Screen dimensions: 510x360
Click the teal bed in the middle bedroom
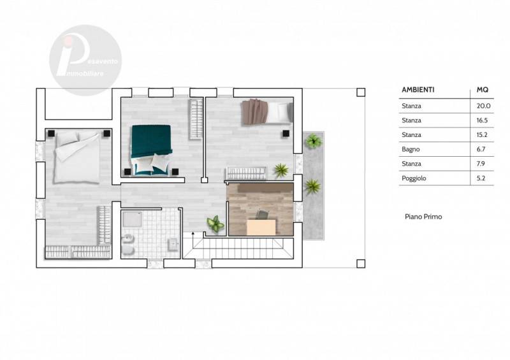click(x=151, y=150)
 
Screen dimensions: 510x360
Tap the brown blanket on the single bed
click(x=254, y=112)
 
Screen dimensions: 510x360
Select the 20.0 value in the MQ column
click(x=483, y=106)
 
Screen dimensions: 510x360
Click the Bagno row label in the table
click(x=411, y=149)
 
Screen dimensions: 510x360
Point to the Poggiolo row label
click(x=414, y=178)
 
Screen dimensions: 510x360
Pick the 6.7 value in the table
click(x=481, y=149)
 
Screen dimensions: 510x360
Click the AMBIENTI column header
click(x=418, y=90)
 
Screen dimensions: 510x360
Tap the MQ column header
click(x=483, y=90)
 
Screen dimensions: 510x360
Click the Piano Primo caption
click(x=423, y=217)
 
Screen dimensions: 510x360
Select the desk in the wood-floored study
click(x=261, y=227)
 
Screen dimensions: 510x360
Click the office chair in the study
click(x=263, y=214)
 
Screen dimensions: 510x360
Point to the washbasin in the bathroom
click(x=173, y=245)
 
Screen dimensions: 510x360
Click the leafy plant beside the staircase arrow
click(x=215, y=224)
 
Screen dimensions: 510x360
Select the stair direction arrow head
click(x=193, y=233)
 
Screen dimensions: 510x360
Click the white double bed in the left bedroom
click(x=77, y=157)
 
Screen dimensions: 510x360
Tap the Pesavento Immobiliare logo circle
click(x=85, y=60)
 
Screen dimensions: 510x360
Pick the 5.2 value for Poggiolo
click(x=481, y=178)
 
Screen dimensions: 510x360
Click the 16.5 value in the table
click(x=482, y=120)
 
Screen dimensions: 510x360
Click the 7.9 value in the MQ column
click(x=481, y=164)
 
